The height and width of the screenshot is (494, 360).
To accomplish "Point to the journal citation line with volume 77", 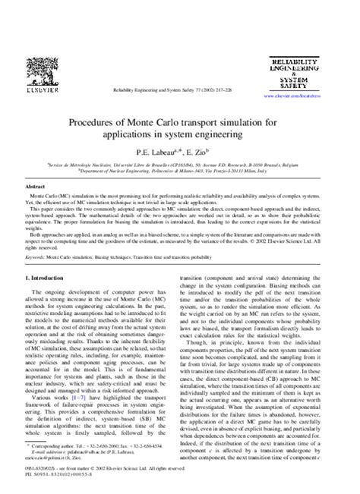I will pos(180,90).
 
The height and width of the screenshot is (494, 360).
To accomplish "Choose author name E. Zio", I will pos(201,153).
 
